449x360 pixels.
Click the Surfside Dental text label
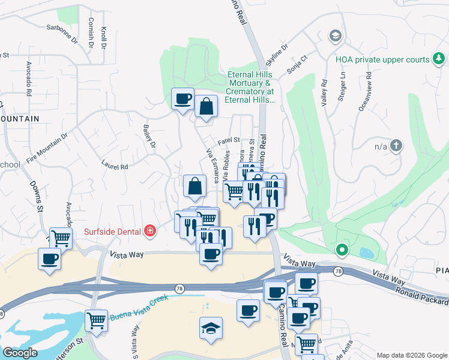point(112,230)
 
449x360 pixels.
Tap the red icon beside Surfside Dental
point(149,230)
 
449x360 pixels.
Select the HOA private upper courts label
point(382,59)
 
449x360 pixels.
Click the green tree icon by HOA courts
point(439,58)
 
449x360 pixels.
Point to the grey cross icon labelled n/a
point(396,145)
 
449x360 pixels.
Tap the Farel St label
point(229,141)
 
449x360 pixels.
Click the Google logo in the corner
point(20,353)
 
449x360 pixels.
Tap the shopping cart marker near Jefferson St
point(96,320)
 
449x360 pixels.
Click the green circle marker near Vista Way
point(342,249)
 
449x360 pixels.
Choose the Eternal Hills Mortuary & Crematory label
point(250,88)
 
